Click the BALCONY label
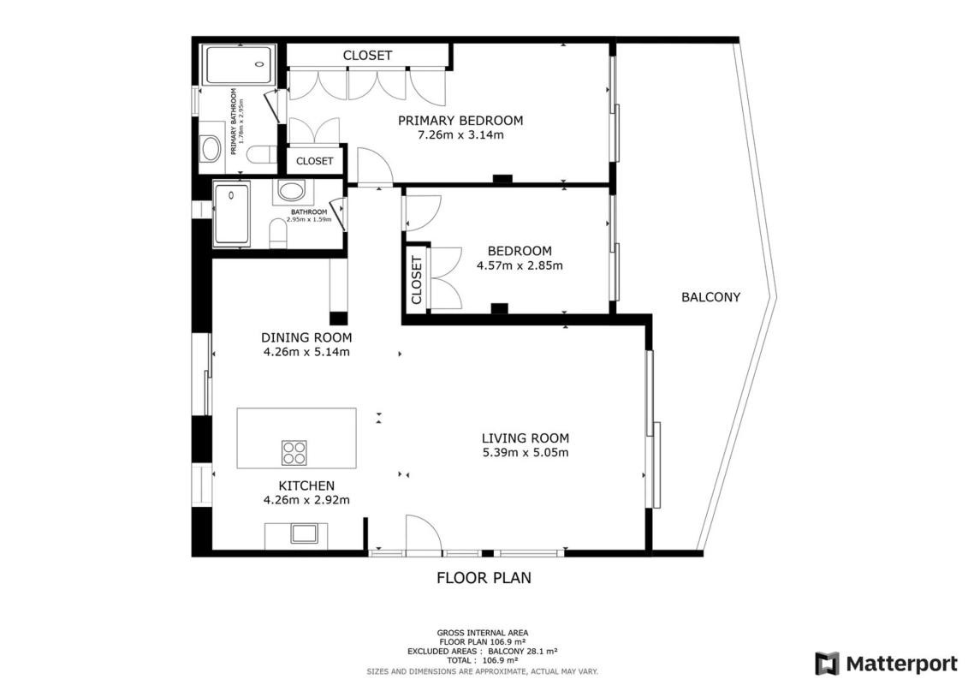pos(710,297)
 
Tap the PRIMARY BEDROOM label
pos(460,121)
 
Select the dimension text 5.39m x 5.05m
pos(526,452)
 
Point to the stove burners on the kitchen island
pos(294,452)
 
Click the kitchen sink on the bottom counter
pos(304,533)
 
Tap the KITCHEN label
pos(306,486)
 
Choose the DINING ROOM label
pos(306,338)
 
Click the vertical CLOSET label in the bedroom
pos(415,280)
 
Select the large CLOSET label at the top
pos(367,56)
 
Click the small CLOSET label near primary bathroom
pos(315,161)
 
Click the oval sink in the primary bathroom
pos(211,149)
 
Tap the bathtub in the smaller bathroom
pos(231,214)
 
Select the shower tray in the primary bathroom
pos(241,64)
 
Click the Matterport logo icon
pos(827,664)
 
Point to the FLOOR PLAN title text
pos(484,578)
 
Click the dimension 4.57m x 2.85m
pos(520,265)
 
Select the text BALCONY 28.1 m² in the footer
pos(523,651)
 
